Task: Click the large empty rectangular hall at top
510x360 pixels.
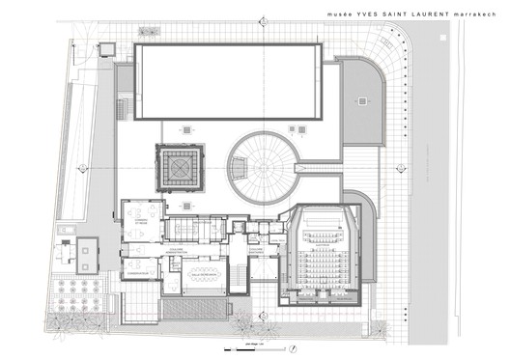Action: point(227,82)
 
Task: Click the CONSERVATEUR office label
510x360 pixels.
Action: point(140,274)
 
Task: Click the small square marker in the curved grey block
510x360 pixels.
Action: point(361,99)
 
